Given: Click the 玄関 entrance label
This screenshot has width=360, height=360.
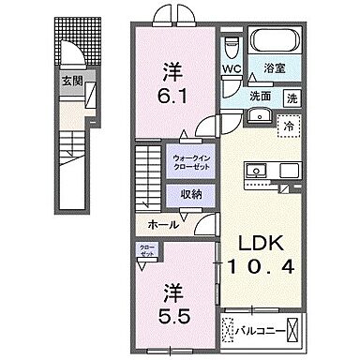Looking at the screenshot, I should click(x=71, y=81).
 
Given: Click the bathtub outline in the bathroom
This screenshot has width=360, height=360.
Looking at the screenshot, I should click(x=277, y=41).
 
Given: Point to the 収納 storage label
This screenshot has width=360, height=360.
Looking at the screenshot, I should click(x=190, y=194).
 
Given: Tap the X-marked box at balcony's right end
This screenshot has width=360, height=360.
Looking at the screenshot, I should click(x=293, y=330).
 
